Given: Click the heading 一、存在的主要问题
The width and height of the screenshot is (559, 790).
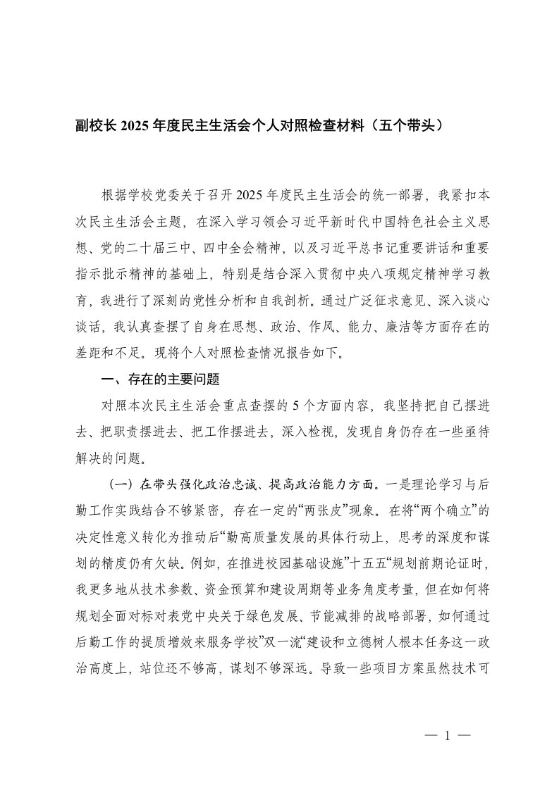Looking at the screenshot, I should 161,380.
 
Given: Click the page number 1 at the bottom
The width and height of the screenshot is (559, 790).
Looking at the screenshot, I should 446,736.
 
